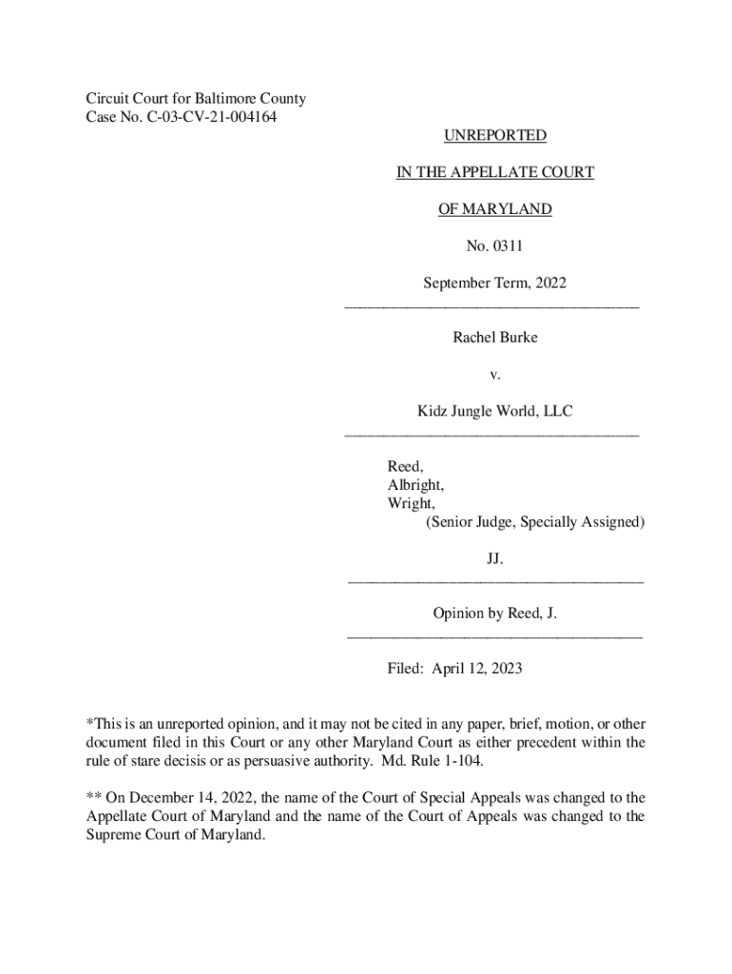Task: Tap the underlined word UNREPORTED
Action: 494,136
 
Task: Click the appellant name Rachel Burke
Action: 494,338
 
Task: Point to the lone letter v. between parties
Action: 494,375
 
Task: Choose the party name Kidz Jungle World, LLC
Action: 494,412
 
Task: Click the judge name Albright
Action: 414,485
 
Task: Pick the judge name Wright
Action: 411,503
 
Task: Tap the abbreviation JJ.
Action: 494,559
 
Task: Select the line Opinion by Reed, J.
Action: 494,614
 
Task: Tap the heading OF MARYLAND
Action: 494,209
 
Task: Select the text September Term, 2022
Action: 494,283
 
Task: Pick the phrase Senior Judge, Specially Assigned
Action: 535,522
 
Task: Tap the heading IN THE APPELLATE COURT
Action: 494,172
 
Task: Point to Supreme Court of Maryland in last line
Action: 175,835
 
